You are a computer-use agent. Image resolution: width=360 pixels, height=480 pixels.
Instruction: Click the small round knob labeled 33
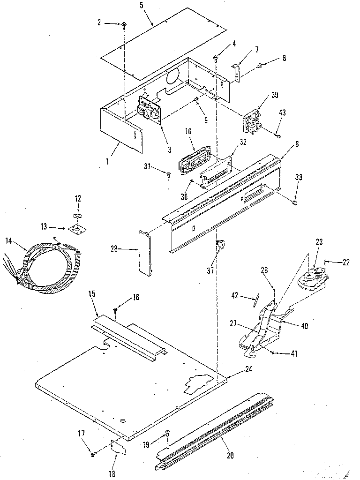tap(295, 202)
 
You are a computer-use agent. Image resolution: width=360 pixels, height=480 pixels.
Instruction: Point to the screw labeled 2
tap(125, 25)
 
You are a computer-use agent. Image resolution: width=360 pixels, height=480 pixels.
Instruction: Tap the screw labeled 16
tap(116, 309)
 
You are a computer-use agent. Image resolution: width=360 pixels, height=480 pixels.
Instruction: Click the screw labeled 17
tap(93, 452)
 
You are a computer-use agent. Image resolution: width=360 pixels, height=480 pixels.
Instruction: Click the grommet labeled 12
tap(77, 216)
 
